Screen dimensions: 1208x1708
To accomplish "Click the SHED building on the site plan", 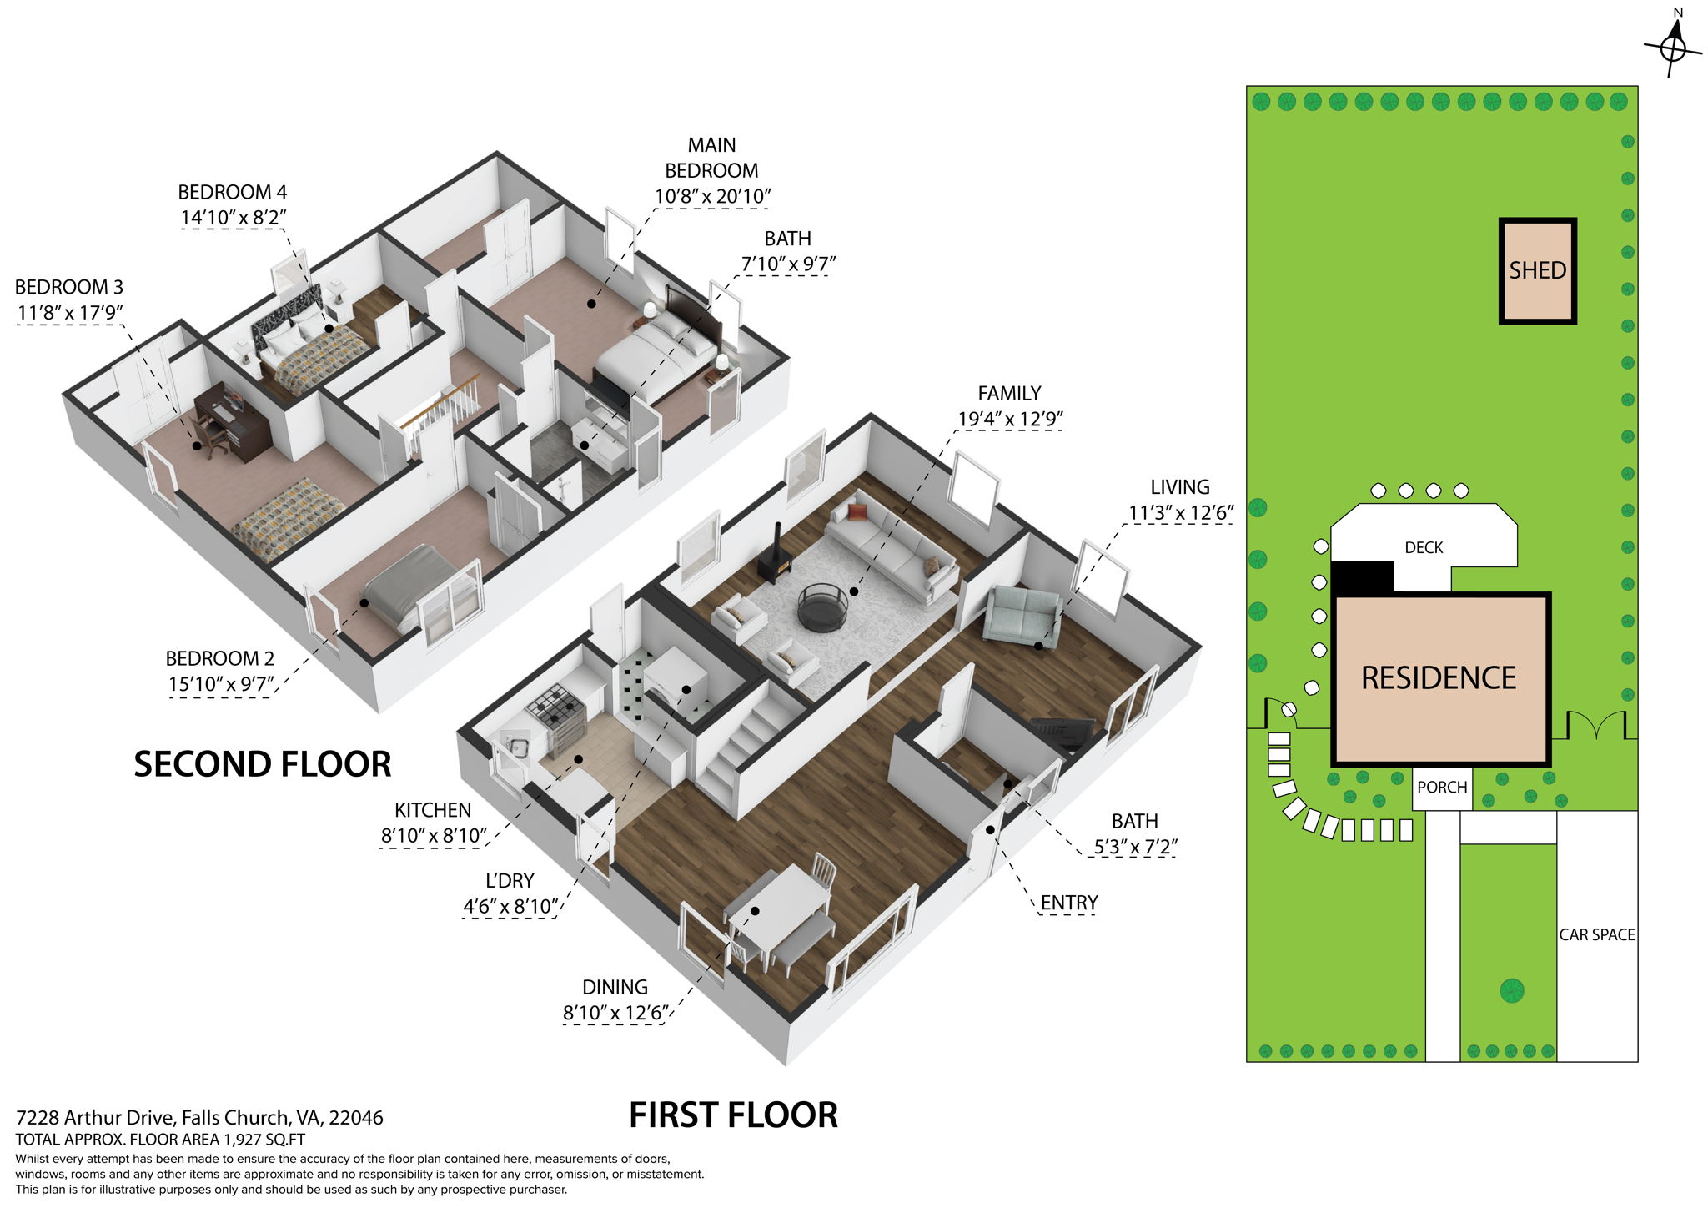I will (1537, 271).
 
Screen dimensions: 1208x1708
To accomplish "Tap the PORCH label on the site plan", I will (1442, 788).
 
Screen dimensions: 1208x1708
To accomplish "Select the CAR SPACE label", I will (1597, 935).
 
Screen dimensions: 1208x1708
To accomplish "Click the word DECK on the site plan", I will (1424, 548).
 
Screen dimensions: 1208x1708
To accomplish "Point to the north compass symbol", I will (1672, 48).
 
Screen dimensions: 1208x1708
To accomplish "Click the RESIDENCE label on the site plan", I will (1439, 678).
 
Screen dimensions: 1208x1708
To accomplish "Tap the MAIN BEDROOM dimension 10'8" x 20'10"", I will (712, 197).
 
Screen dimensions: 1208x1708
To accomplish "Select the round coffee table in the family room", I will (823, 607).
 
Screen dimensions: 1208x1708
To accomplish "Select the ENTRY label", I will (1068, 903).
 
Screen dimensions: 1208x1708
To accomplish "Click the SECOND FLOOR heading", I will (263, 764).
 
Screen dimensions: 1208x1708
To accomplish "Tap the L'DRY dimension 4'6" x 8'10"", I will (510, 907).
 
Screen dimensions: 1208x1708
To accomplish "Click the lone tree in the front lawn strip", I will (1511, 991).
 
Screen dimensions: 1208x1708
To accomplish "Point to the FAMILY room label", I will (1009, 394).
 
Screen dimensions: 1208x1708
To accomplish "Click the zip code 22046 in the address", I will (356, 1118).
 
